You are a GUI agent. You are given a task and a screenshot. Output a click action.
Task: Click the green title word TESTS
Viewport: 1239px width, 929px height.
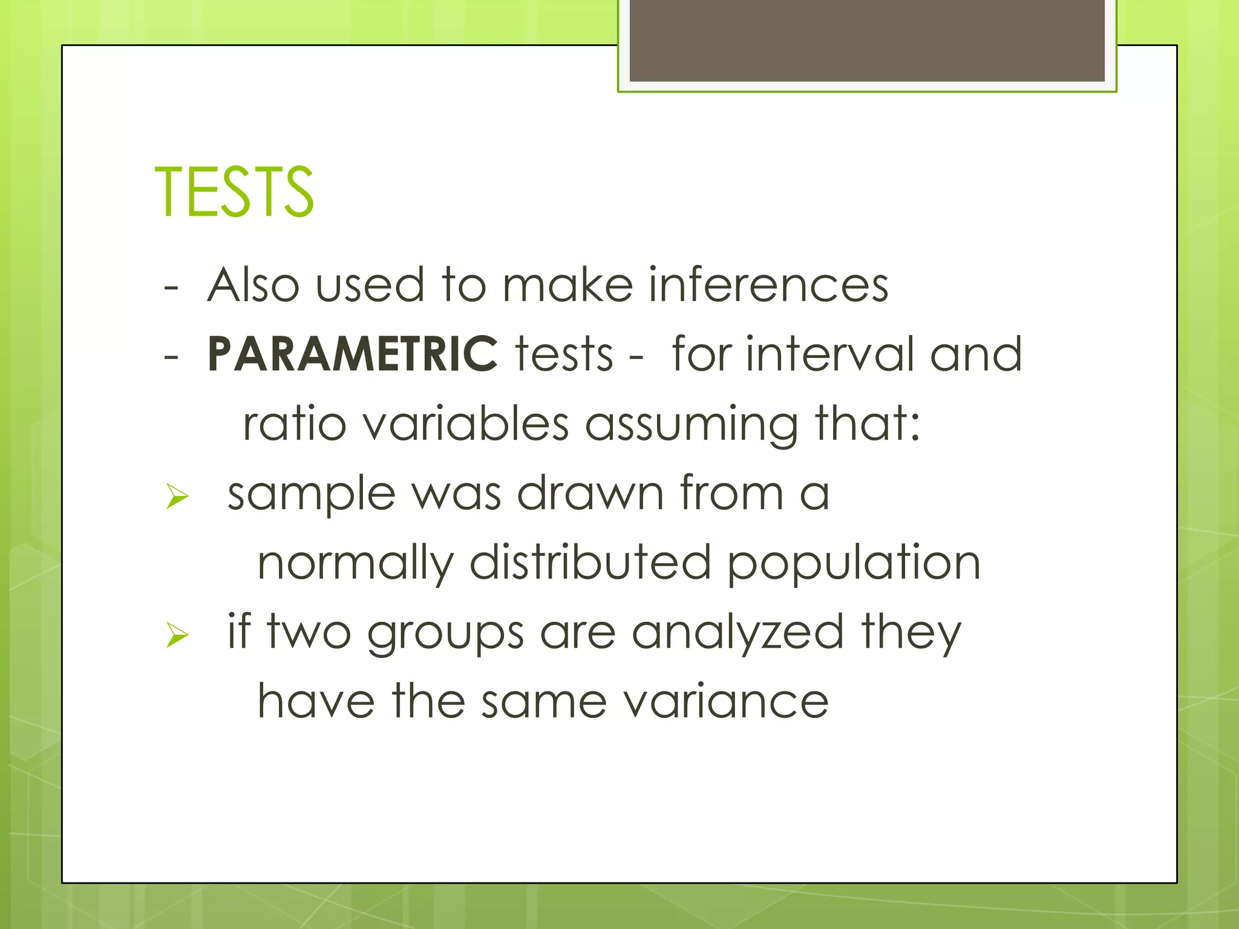pos(234,192)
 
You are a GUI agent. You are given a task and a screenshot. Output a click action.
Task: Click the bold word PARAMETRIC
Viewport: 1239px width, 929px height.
pos(352,354)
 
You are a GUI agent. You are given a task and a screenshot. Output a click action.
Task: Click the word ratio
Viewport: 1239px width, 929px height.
pos(295,423)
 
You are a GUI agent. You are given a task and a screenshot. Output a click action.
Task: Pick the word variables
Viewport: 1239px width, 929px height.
pos(466,423)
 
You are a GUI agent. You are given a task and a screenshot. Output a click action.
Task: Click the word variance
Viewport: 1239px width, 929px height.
pos(725,702)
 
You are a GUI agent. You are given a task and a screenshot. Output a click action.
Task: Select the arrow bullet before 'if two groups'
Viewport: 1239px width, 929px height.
pos(177,635)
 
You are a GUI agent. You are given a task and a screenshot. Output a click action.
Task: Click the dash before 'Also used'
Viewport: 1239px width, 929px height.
pos(171,287)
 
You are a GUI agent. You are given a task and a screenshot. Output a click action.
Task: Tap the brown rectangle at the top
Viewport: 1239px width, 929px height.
pos(867,41)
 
